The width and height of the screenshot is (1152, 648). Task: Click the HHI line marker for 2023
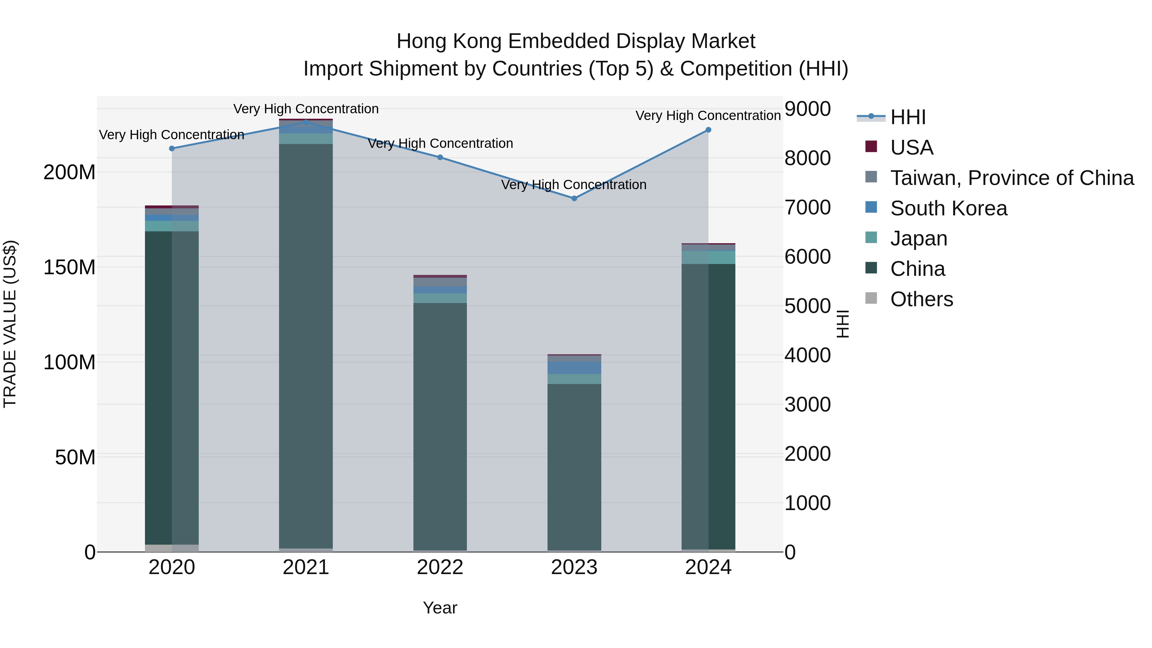coord(574,198)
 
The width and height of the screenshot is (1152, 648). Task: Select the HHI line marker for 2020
coord(172,148)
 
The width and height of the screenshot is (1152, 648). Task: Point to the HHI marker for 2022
coord(440,157)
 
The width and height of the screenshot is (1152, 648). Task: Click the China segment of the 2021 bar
coord(306,344)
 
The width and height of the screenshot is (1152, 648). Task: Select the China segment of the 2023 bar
coord(574,465)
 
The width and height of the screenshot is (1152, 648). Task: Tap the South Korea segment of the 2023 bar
coord(574,368)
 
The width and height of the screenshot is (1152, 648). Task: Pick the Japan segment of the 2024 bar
coord(708,257)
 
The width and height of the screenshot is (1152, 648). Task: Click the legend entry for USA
coord(911,148)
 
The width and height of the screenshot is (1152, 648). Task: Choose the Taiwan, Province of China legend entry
coord(1012,178)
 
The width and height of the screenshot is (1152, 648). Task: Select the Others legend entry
coord(921,299)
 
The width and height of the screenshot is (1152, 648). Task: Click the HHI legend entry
coord(908,117)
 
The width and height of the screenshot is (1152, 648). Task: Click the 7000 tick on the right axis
coord(808,207)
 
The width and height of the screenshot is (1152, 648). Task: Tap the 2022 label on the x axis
coord(440,567)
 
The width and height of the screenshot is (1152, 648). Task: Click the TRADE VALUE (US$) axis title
coord(10,324)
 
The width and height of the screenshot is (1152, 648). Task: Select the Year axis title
coord(440,608)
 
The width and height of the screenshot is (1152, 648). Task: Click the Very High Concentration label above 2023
coord(574,185)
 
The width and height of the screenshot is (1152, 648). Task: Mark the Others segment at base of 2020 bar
coord(172,548)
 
